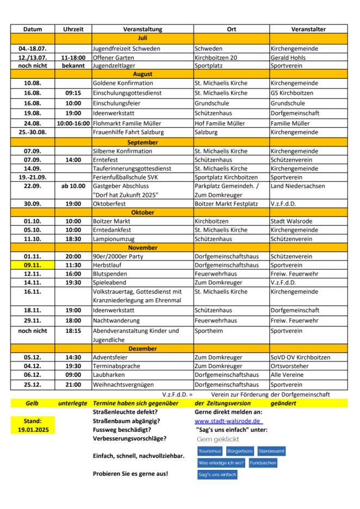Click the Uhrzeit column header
(x=73, y=29)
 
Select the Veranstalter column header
(x=308, y=29)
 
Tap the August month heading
(x=142, y=74)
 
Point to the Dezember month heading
(x=142, y=348)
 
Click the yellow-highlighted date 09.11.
(x=33, y=265)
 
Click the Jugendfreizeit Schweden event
(x=126, y=48)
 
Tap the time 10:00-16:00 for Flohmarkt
(x=73, y=123)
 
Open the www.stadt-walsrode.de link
(x=228, y=421)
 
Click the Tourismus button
(x=210, y=451)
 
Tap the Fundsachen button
(x=263, y=463)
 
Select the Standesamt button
(x=271, y=451)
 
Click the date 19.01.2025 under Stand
(x=33, y=430)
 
